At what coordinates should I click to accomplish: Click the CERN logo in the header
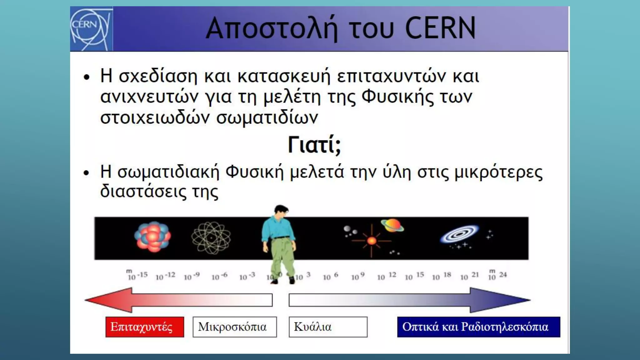pyautogui.click(x=91, y=29)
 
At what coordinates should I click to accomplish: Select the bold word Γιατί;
pyautogui.click(x=314, y=145)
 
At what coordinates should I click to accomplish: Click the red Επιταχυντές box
pyautogui.click(x=145, y=327)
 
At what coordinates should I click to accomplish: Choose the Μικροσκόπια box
pyautogui.click(x=234, y=327)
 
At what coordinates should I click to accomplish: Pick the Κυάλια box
pyautogui.click(x=328, y=327)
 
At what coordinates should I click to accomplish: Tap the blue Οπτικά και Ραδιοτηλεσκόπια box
pyautogui.click(x=478, y=327)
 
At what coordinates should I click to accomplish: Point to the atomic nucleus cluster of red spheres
pyautogui.click(x=152, y=237)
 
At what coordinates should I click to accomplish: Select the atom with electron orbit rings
pyautogui.click(x=211, y=238)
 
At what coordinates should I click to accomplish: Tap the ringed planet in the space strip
pyautogui.click(x=392, y=225)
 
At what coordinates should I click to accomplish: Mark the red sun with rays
pyautogui.click(x=372, y=241)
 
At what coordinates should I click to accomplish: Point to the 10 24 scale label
pyautogui.click(x=497, y=276)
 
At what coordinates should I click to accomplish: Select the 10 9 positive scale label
pyautogui.click(x=358, y=276)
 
